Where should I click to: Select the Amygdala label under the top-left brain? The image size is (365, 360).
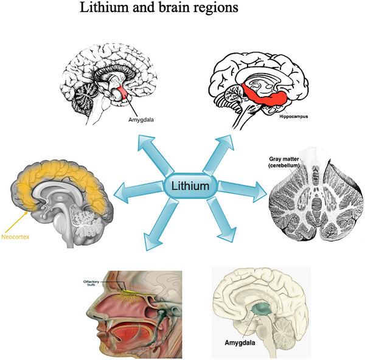tap(141, 120)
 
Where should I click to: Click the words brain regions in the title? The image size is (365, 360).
tap(200, 9)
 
